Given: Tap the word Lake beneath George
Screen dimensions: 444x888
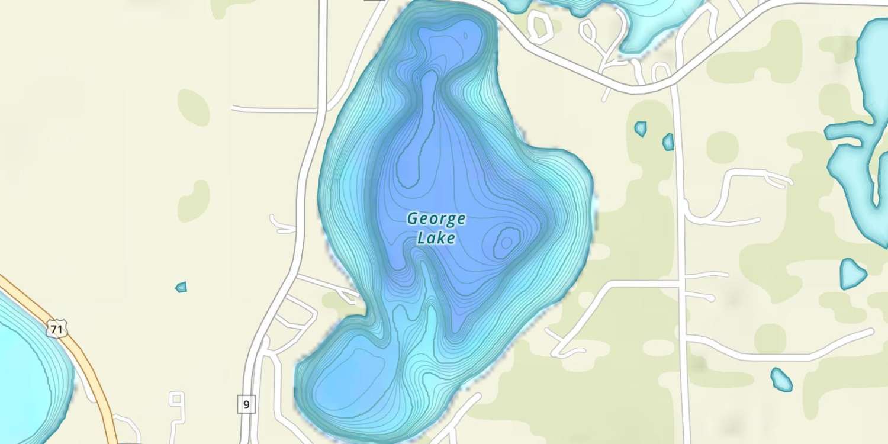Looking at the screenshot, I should coord(436,239).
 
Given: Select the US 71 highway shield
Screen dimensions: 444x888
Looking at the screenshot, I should coord(57,329).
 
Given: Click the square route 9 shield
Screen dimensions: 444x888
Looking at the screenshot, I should coord(246,405).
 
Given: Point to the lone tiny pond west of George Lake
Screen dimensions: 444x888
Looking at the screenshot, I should coord(181,287).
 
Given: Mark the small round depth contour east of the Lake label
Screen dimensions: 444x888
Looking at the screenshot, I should coord(507,242).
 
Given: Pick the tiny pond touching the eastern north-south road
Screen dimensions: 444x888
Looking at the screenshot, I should coord(668,142).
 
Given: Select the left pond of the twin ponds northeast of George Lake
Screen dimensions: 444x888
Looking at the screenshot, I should coord(641,128).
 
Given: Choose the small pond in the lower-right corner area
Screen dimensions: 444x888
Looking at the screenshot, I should coord(781,379).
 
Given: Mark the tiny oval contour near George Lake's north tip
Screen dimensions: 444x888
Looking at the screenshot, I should coord(465,36).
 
